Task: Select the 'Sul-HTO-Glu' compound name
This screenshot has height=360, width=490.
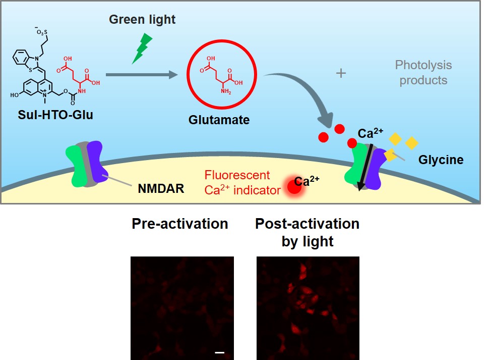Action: point(52,115)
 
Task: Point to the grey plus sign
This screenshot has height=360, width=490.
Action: point(341,74)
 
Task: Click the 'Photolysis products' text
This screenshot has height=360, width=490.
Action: point(423,73)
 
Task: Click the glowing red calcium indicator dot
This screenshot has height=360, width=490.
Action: point(293,186)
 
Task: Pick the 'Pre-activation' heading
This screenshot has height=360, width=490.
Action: point(180,223)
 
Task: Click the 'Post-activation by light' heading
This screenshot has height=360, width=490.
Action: point(307,232)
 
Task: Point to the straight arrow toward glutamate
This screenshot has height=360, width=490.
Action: point(142,75)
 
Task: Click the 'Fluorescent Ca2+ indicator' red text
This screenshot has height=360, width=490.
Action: point(237,182)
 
